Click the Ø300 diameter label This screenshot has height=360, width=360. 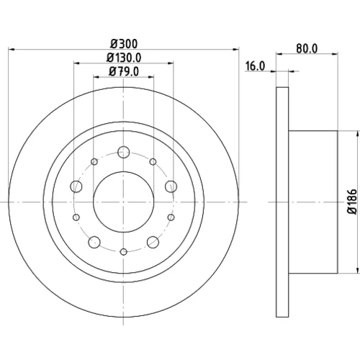coord(124,44)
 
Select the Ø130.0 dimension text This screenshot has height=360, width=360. coord(124,58)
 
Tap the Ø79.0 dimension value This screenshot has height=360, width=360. coord(124,71)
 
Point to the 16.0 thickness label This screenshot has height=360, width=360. coord(255,66)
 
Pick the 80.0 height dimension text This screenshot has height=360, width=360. coord(307,48)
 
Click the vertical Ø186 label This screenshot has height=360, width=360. coord(352,202)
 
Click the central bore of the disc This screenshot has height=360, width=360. coord(124,202)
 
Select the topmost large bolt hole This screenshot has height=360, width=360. coord(124,152)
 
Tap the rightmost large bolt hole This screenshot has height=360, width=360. coord(171,186)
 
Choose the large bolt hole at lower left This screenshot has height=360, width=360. coord(94,242)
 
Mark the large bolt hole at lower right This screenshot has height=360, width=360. coord(153,242)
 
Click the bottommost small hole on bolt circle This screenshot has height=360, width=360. coord(124,252)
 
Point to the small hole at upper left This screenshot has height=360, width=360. coord(94,162)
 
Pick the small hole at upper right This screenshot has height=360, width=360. coord(153,162)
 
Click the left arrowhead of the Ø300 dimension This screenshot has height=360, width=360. coord(12,50)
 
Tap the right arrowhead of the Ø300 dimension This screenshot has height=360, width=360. coord(236,50)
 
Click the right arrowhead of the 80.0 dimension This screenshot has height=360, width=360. coord(335,54)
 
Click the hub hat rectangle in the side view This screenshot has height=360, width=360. coord(313,202)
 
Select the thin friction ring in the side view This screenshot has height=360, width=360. coord(282,202)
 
